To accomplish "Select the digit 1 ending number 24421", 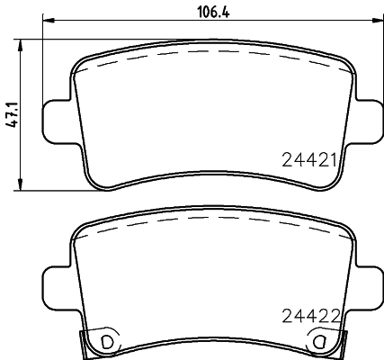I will (x=332, y=161).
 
